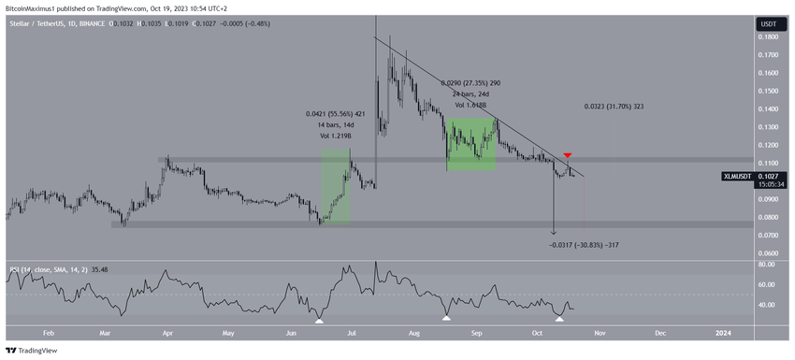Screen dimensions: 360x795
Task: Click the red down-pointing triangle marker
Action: click(568, 154)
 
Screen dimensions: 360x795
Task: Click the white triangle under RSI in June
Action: click(319, 320)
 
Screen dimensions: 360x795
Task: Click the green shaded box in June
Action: click(336, 188)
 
